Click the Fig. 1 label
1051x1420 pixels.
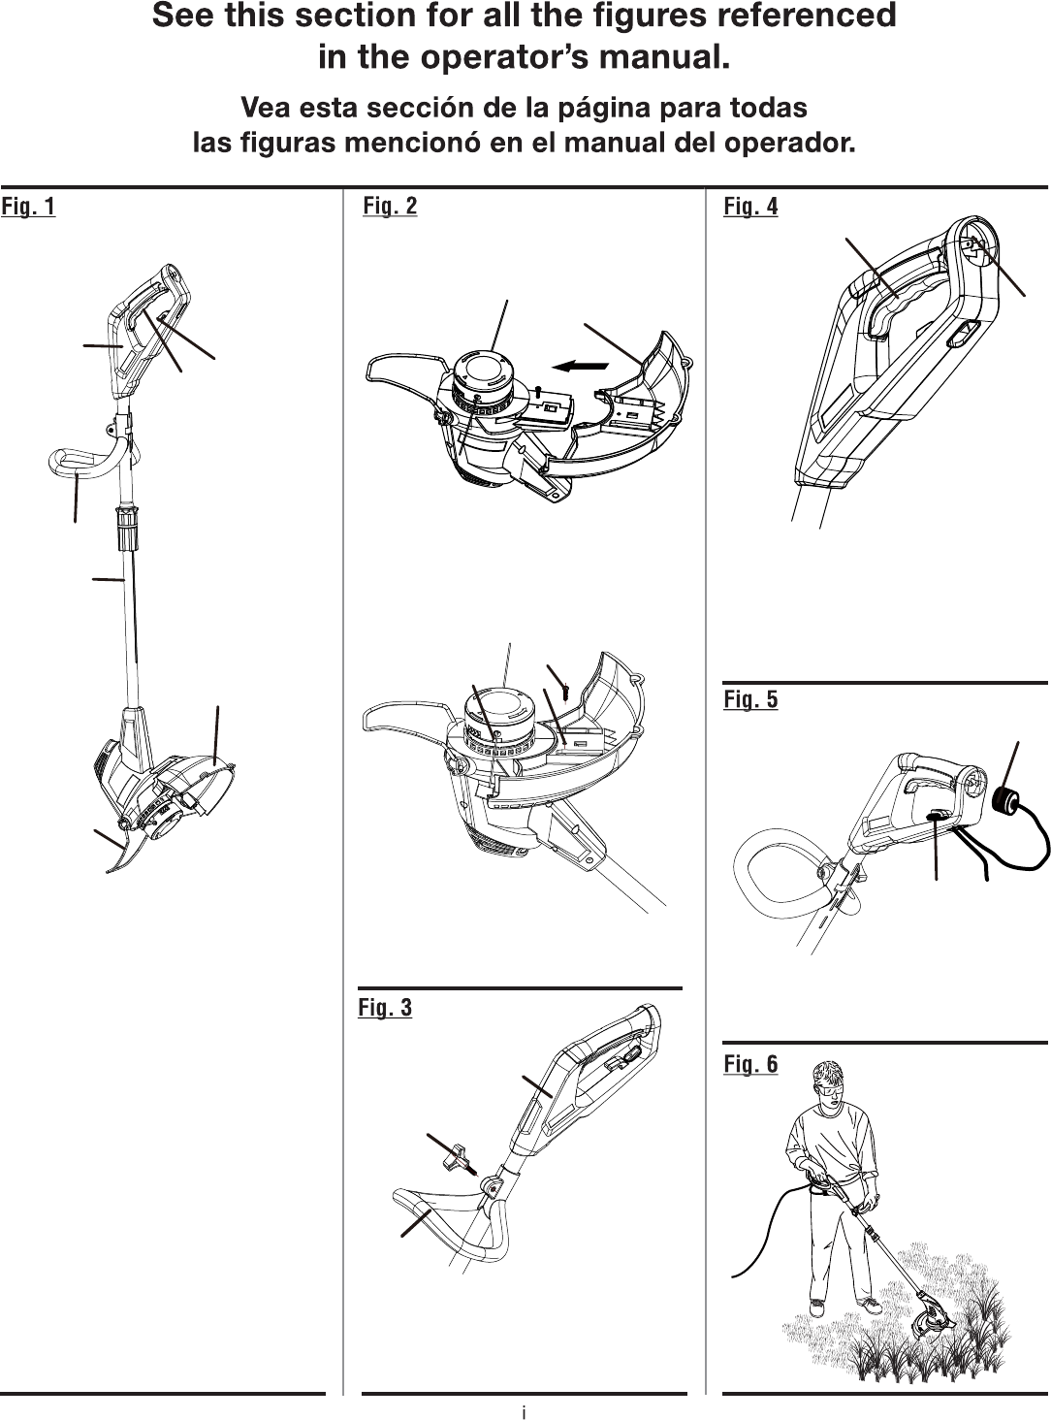tap(28, 206)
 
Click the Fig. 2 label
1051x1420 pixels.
tap(390, 206)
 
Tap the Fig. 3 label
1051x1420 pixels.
tap(385, 1008)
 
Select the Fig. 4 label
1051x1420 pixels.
tap(750, 206)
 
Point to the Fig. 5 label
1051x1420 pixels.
tap(750, 698)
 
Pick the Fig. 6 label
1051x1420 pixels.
tap(750, 1064)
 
